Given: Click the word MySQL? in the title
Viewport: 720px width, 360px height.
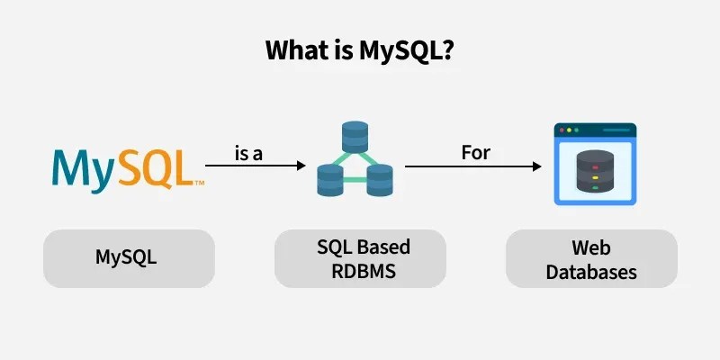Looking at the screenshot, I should [x=404, y=52].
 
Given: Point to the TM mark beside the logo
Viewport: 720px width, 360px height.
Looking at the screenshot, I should [x=199, y=183].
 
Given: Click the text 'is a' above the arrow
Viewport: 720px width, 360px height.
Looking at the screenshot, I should [x=248, y=154].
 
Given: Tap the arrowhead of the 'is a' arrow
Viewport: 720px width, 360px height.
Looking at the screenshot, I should [x=300, y=166].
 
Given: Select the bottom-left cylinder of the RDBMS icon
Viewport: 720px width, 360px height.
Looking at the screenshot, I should [x=331, y=181].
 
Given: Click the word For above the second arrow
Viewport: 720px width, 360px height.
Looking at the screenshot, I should [x=475, y=152].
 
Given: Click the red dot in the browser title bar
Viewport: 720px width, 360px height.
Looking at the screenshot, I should [x=564, y=130].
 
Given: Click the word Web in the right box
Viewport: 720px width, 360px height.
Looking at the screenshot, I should [x=590, y=247].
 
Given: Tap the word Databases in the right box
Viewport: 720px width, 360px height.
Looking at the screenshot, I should [x=590, y=271].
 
